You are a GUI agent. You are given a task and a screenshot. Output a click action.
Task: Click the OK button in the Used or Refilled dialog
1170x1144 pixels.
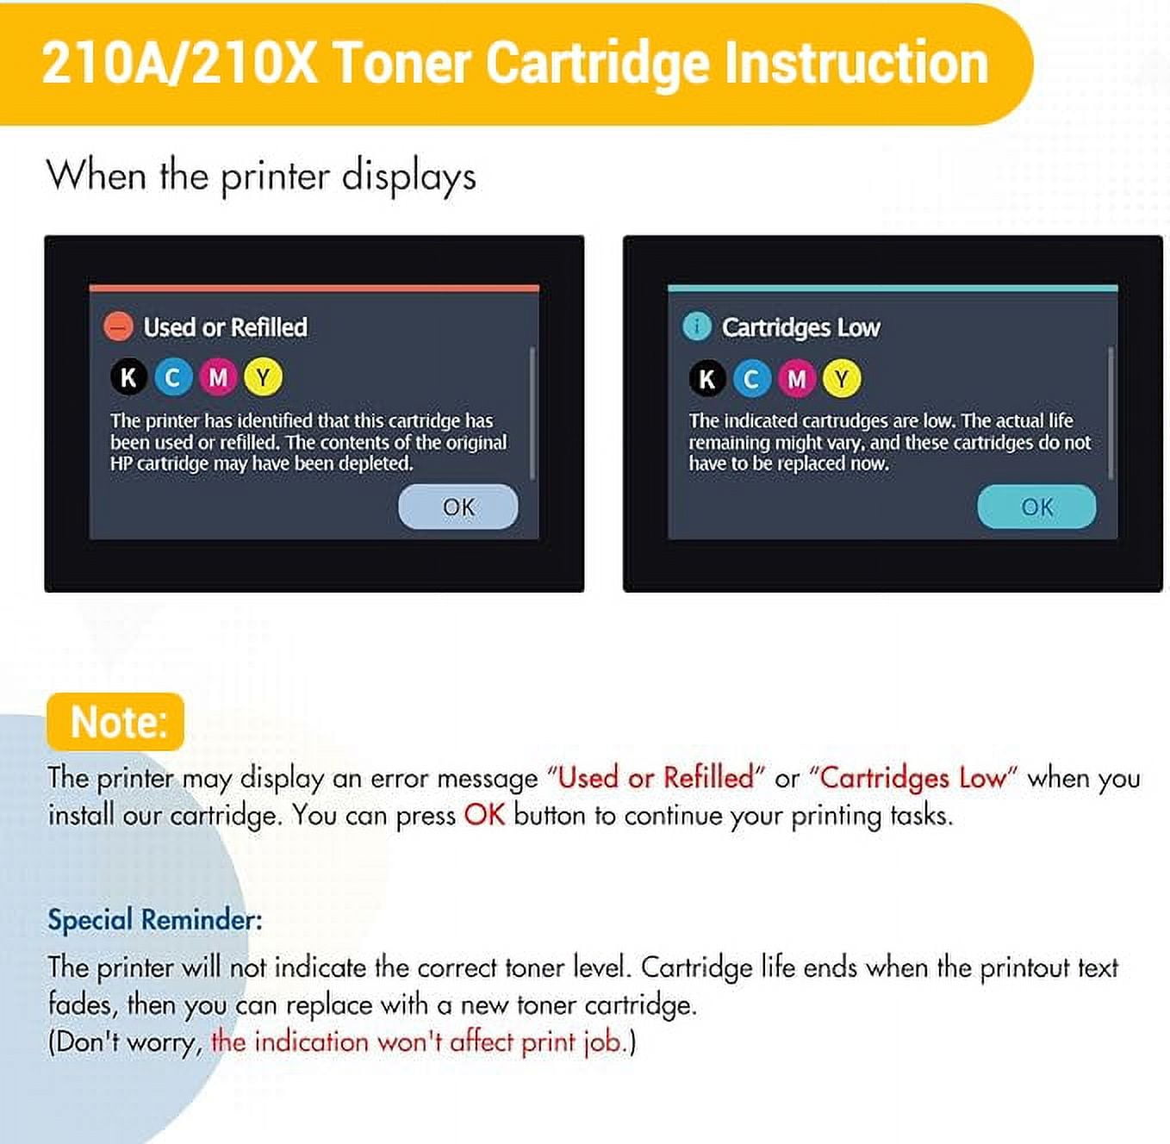(457, 507)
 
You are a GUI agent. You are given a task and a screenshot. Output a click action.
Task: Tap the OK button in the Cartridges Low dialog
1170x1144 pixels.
(1036, 507)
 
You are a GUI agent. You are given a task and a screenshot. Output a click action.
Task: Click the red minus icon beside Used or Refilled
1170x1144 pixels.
(118, 327)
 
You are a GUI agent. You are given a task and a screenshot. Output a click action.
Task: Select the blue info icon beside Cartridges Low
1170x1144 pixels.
(697, 327)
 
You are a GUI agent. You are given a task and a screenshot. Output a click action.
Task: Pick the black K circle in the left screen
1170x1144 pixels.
(128, 377)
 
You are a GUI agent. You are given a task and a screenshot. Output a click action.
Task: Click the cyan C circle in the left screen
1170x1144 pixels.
(173, 377)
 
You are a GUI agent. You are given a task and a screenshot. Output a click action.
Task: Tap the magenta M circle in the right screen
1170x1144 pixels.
(797, 379)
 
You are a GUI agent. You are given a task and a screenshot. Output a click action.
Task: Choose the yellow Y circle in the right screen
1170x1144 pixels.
(842, 379)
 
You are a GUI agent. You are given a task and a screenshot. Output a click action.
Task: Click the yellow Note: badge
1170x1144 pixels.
(115, 721)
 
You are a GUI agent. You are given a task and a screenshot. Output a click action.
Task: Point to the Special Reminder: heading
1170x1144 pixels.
(155, 919)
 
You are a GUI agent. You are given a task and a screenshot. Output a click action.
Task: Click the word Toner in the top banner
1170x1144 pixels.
(401, 63)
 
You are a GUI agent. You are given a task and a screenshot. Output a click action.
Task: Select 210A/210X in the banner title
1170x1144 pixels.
(179, 64)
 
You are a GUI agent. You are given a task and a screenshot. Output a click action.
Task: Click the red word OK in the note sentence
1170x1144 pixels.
(484, 815)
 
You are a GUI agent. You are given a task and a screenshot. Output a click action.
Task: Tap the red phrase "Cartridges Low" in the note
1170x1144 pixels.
(913, 778)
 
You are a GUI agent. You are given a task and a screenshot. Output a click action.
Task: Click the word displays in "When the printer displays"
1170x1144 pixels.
(409, 177)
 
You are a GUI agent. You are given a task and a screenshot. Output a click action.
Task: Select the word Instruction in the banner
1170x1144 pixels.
(856, 63)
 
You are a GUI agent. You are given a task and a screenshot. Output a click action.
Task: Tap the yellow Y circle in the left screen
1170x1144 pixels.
(263, 377)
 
